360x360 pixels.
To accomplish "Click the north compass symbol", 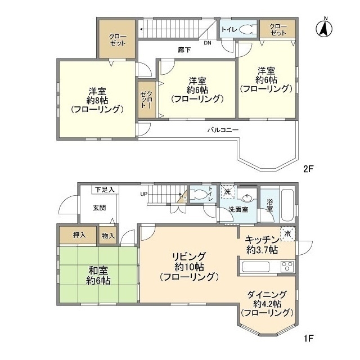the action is click(324, 28).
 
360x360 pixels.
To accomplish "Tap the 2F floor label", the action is click(308, 169).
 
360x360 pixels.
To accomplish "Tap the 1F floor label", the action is click(308, 338).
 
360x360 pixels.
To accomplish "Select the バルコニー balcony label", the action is click(223, 130).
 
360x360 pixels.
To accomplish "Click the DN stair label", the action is click(208, 43).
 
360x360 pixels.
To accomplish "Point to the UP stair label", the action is click(144, 194).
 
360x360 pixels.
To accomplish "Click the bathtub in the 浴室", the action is click(287, 205).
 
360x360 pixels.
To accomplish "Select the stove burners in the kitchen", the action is click(287, 267).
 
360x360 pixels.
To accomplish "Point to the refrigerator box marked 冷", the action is click(287, 234).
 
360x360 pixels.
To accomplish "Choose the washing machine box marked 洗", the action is click(227, 191).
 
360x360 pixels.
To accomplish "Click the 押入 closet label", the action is click(79, 235).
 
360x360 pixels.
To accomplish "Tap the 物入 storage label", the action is click(108, 236).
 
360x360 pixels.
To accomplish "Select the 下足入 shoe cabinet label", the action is click(105, 190).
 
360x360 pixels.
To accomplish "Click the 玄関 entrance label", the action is click(100, 208).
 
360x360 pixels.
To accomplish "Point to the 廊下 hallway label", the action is click(184, 50).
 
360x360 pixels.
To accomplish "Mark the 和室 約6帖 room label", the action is click(98, 276).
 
